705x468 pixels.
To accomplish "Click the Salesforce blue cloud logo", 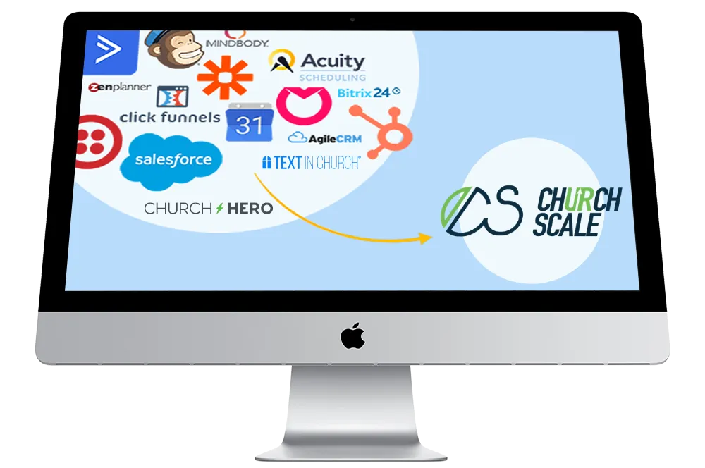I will pyautogui.click(x=171, y=161).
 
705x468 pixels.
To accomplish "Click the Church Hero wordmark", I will pyautogui.click(x=208, y=209).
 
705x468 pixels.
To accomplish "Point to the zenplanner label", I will pyautogui.click(x=120, y=88).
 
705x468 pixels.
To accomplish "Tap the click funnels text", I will pyautogui.click(x=170, y=117).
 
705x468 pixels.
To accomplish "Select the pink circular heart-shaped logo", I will pyautogui.click(x=304, y=104).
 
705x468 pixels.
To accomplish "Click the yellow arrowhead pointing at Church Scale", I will pyautogui.click(x=425, y=239).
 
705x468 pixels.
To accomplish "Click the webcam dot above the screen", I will pyautogui.click(x=352, y=19).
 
